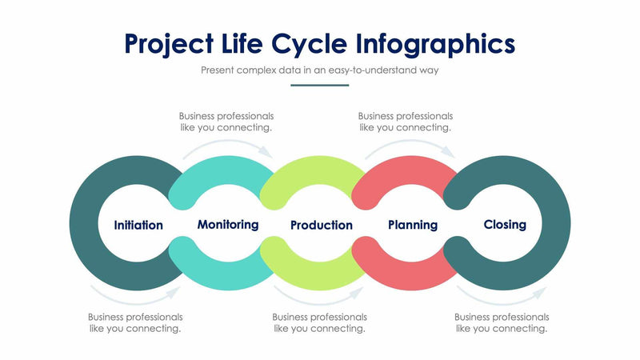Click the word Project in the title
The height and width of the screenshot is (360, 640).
coord(170,43)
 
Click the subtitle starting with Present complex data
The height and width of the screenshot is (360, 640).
coord(320,70)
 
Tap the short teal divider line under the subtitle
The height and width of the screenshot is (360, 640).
coord(320,85)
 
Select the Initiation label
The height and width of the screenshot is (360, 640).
coord(138,225)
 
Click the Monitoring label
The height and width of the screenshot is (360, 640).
coord(228,225)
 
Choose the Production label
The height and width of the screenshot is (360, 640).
coord(321,225)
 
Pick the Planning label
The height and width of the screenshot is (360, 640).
coord(413,225)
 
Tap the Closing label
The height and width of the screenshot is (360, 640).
coord(505,225)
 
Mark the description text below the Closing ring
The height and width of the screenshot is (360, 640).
coord(502,322)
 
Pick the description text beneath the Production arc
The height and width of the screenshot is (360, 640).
coord(319,322)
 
